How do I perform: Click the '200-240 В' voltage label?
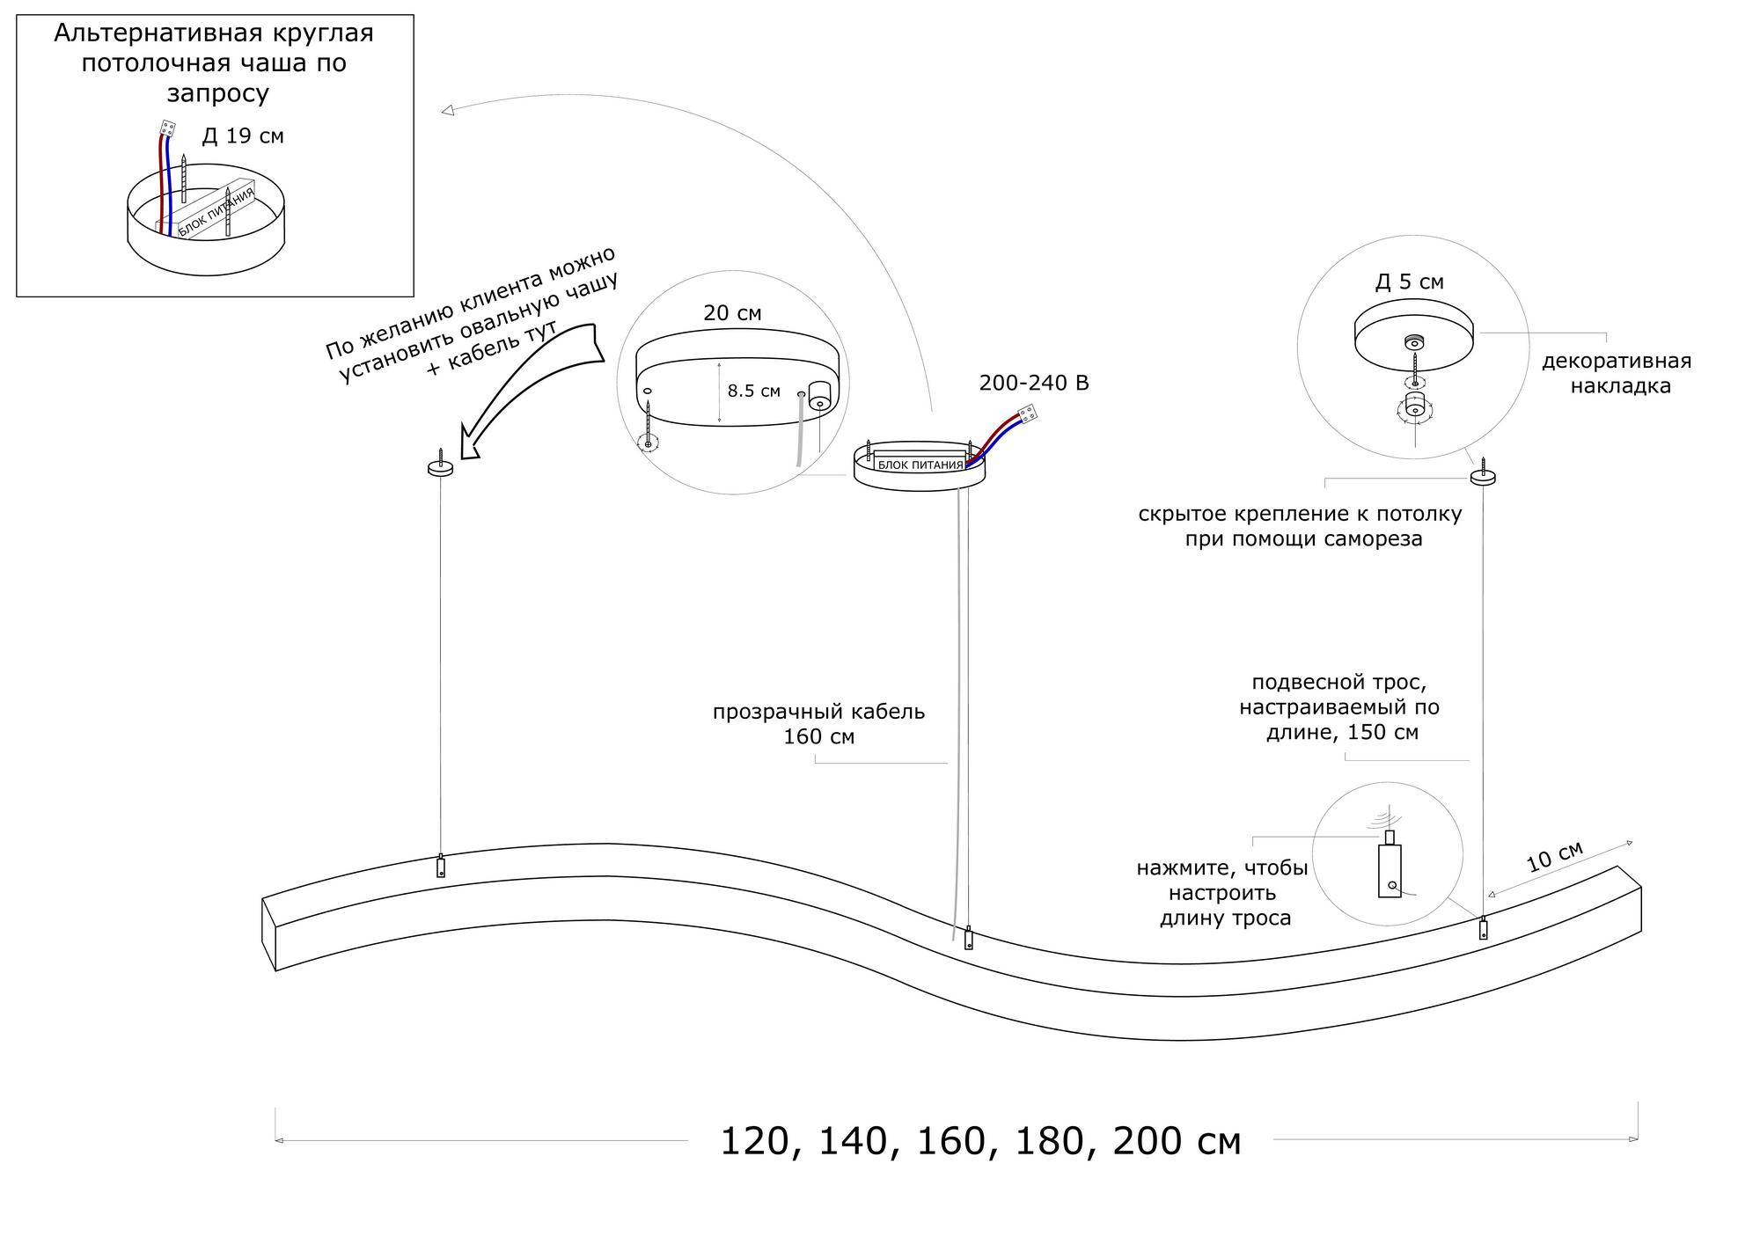(x=1034, y=384)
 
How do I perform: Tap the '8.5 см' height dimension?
(x=753, y=391)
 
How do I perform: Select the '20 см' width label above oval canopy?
(x=732, y=313)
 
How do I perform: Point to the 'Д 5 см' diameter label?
(x=1410, y=282)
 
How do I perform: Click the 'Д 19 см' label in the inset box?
(x=243, y=136)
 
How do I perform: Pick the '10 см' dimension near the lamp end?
(x=1554, y=856)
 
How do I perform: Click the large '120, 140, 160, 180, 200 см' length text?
(x=980, y=1142)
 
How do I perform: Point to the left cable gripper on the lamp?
(x=441, y=866)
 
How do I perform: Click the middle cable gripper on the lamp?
(x=969, y=938)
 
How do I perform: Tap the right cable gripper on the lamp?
(x=1483, y=927)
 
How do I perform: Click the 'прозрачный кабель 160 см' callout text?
(x=818, y=723)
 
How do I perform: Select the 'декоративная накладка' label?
(x=1616, y=373)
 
